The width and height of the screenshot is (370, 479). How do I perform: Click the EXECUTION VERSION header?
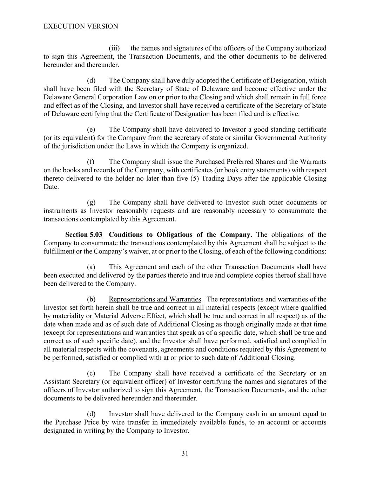81,26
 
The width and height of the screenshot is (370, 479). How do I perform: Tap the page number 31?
185,454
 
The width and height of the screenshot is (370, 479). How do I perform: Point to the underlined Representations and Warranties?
155,299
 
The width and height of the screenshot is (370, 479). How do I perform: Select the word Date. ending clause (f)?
51,187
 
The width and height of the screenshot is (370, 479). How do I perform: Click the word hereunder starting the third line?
58,65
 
